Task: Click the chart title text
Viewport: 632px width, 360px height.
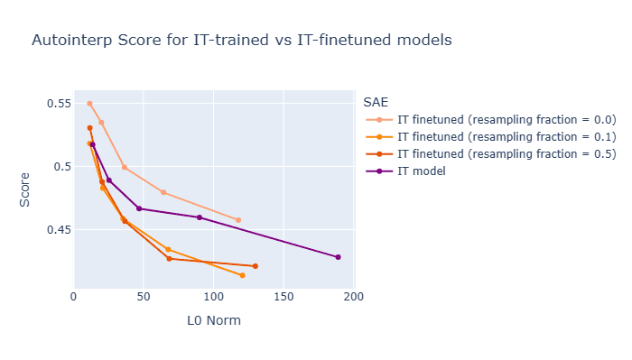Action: click(x=242, y=40)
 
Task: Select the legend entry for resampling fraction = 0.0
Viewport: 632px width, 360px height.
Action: click(x=491, y=120)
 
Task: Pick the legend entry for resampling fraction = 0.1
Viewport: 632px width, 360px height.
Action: click(x=491, y=137)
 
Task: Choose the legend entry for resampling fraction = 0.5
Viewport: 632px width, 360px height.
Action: click(x=491, y=153)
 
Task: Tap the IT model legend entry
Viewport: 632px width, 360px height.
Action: click(x=406, y=171)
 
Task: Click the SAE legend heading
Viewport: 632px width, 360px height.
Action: click(x=376, y=102)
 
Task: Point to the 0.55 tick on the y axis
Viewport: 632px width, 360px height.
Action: click(x=59, y=104)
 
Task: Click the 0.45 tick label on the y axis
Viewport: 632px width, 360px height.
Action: click(x=59, y=230)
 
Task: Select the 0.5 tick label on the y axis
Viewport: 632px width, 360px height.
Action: click(x=62, y=167)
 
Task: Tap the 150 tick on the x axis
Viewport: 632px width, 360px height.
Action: click(x=283, y=297)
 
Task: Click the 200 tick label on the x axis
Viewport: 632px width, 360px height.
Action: click(x=354, y=297)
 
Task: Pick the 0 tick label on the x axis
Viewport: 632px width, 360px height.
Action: click(x=73, y=297)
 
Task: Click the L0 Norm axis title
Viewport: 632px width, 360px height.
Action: click(x=214, y=320)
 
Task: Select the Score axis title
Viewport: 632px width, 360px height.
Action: click(x=24, y=189)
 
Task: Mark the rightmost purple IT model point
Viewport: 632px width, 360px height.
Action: click(x=339, y=257)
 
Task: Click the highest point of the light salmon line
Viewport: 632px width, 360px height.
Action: click(x=90, y=104)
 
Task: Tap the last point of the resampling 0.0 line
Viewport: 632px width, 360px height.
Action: click(x=238, y=220)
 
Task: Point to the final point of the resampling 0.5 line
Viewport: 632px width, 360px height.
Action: click(x=256, y=266)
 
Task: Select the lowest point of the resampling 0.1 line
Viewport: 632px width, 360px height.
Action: click(x=242, y=275)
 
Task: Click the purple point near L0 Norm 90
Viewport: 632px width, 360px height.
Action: click(x=200, y=217)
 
